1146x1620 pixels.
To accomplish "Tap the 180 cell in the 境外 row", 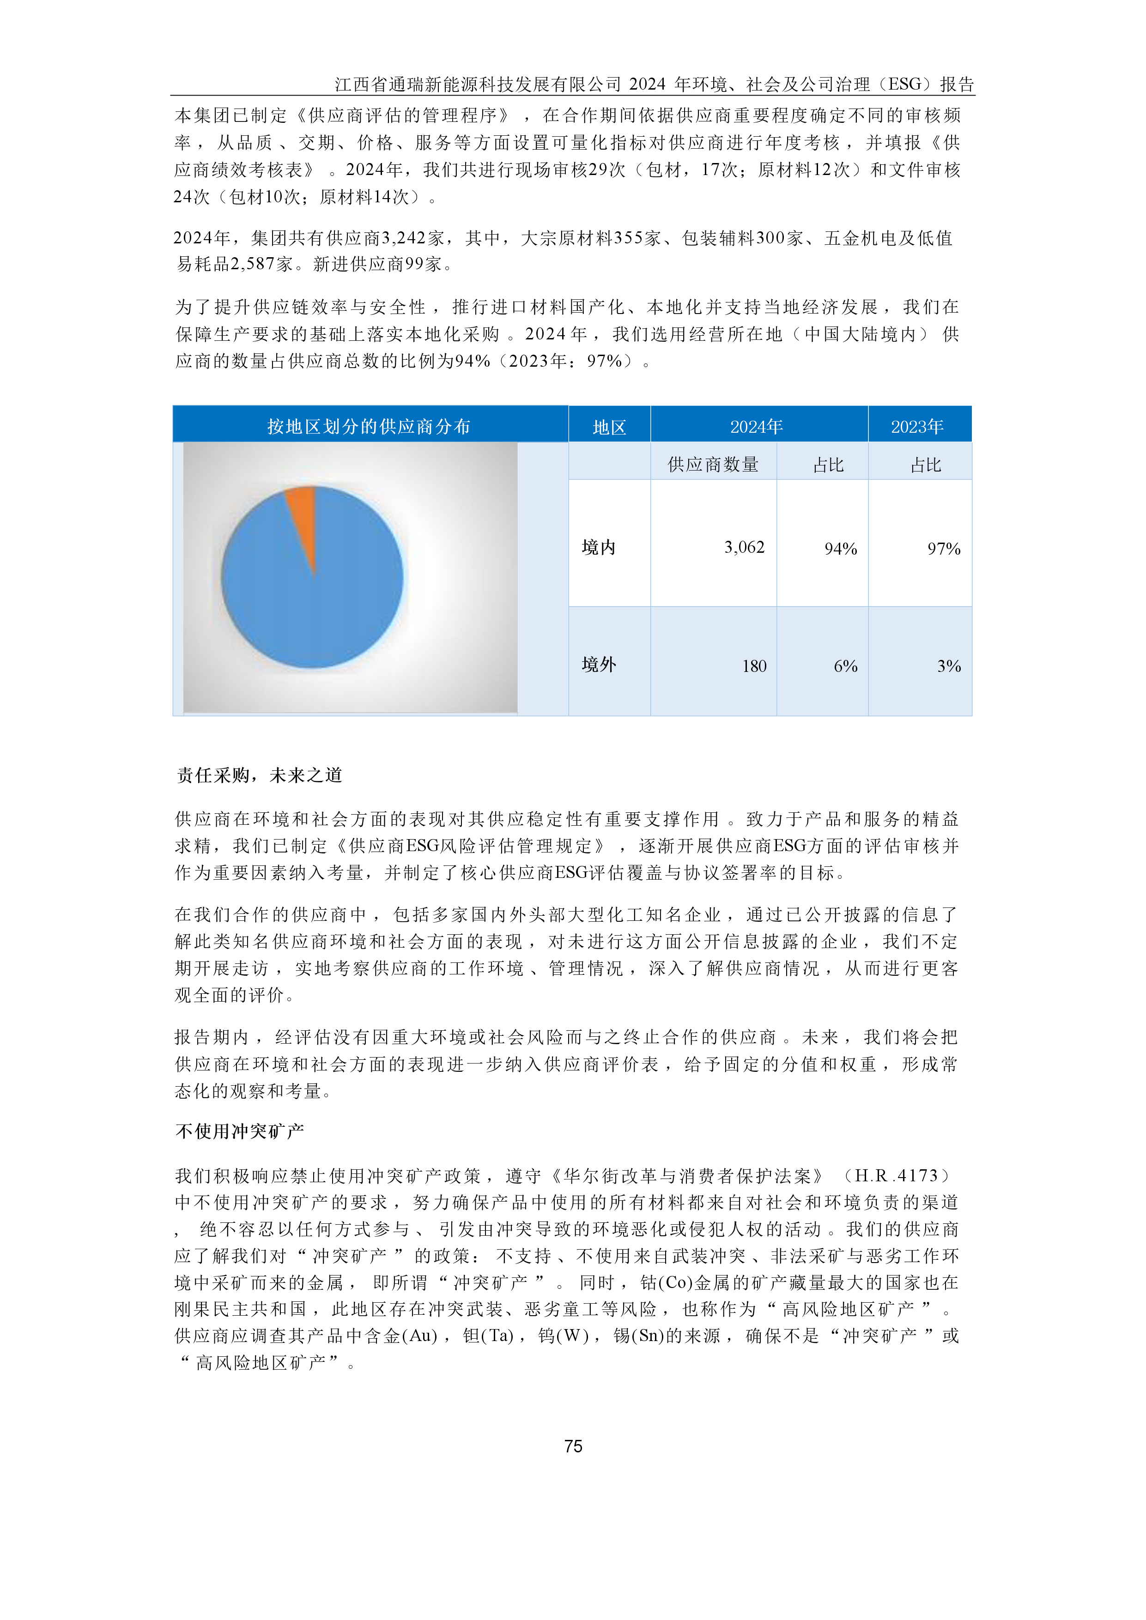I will (x=754, y=665).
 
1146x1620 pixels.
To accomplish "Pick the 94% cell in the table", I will (x=840, y=548).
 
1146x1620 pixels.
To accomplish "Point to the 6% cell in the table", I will (x=845, y=665).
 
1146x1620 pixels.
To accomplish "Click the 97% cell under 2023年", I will (x=944, y=548).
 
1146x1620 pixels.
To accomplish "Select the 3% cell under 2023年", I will (x=948, y=665).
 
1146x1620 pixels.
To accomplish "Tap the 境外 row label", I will (x=598, y=664).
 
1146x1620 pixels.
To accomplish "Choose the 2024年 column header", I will (x=757, y=426).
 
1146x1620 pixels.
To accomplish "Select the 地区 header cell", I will (x=609, y=427).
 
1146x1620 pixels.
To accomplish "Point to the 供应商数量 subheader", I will (x=713, y=464).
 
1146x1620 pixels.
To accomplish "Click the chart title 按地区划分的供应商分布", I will (x=368, y=426).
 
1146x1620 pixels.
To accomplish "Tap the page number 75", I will (x=573, y=1446).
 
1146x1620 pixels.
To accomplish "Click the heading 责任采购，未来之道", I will (x=259, y=775).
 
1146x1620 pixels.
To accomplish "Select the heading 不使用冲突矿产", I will (x=239, y=1131).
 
